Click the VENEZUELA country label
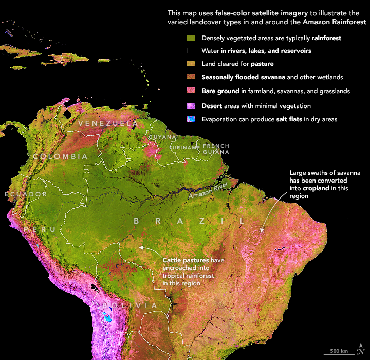tap(107, 124)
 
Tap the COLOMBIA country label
tap(60, 156)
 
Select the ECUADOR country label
tap(26, 194)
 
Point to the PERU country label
tap(40, 229)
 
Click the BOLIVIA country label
tap(129, 305)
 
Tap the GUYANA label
tap(160, 137)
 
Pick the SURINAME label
tap(184, 148)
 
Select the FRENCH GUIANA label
tap(216, 149)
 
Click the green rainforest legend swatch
tap(191, 39)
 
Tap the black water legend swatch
tap(191, 51)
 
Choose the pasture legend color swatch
tap(191, 64)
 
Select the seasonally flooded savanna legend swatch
tap(191, 78)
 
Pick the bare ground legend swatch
tap(191, 91)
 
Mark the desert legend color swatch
tap(191, 106)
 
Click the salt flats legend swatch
tap(191, 119)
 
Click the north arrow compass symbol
tap(362, 348)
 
